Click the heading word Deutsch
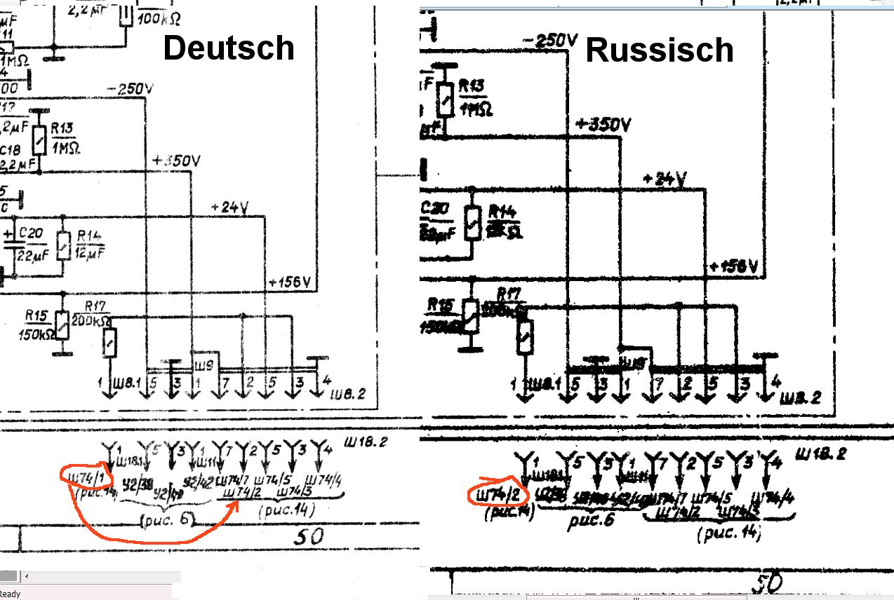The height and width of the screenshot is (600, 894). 229,48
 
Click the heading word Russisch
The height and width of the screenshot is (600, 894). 659,50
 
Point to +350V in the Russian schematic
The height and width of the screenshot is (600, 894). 603,125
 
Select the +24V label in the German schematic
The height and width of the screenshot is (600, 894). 229,207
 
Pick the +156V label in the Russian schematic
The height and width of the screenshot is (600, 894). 735,267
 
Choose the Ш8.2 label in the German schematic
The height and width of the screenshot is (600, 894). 349,395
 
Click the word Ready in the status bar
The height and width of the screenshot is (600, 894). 10,594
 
